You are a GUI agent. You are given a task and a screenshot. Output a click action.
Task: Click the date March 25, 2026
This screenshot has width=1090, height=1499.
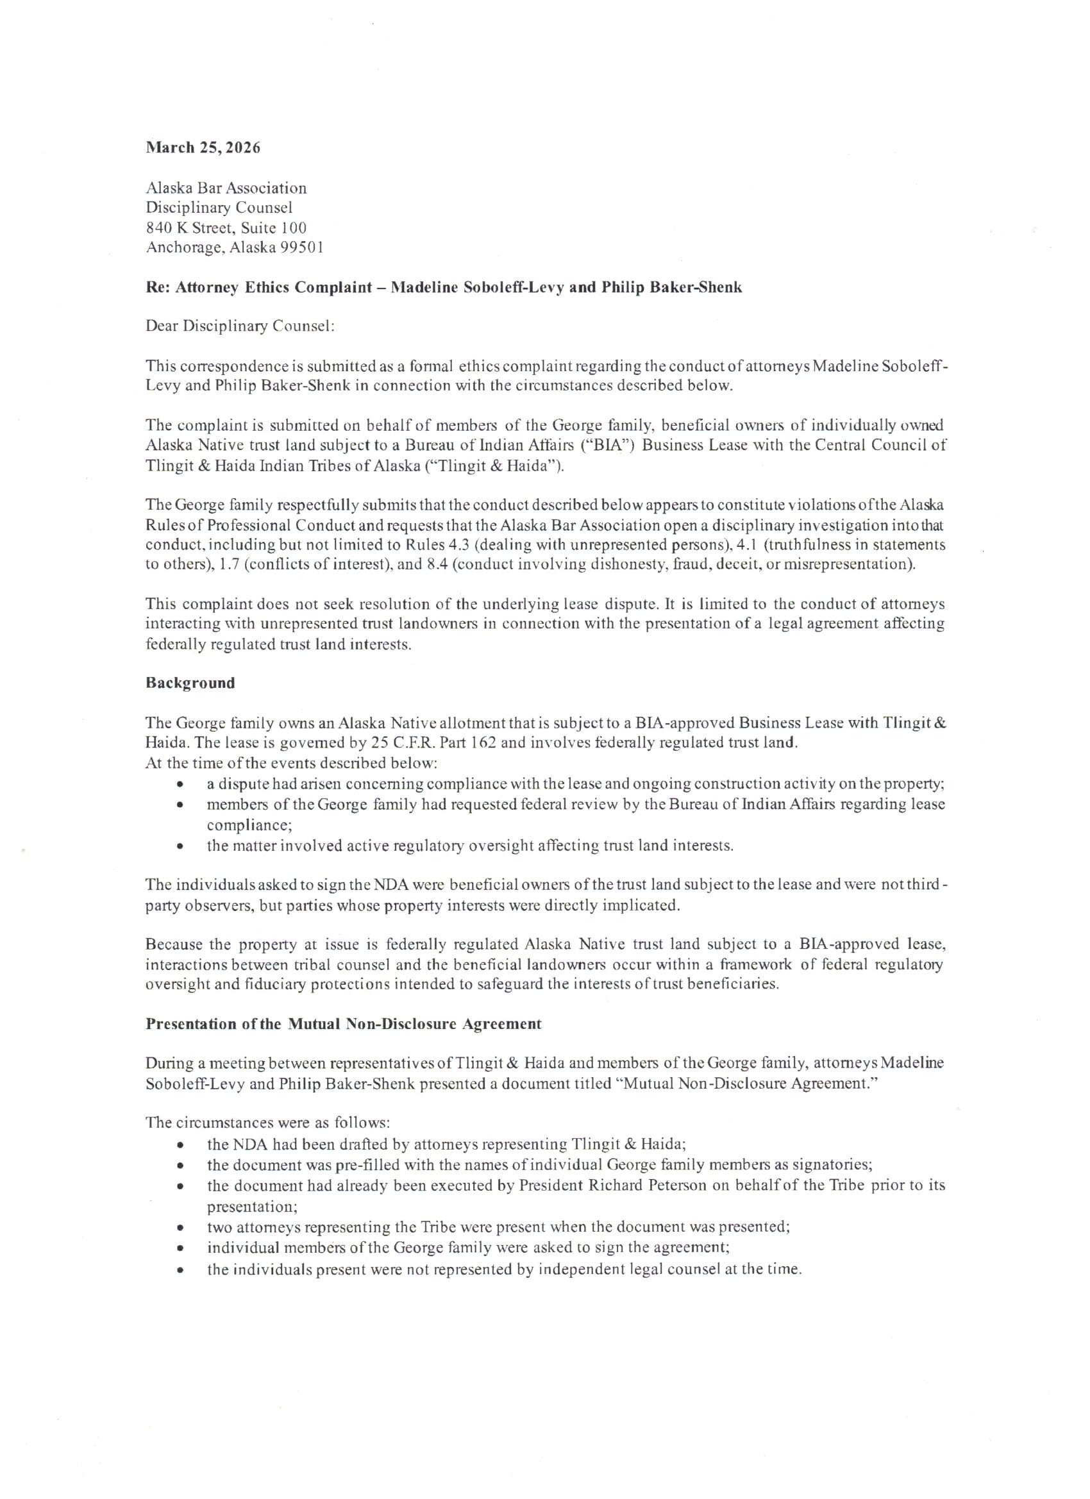pos(203,147)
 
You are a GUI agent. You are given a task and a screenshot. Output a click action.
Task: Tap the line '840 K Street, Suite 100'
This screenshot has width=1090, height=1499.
pos(226,228)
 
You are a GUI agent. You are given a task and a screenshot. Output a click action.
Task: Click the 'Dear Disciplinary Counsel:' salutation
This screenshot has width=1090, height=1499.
pos(240,326)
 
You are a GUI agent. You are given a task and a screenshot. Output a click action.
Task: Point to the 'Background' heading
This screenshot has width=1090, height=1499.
pos(190,683)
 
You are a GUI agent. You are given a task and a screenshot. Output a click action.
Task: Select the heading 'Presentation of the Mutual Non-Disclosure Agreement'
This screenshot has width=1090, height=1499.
pos(343,1024)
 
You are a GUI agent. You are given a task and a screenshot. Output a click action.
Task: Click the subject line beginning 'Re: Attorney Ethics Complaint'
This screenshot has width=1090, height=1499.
pos(444,287)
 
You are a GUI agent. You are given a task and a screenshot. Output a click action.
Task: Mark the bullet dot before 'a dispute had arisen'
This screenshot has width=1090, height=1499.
pos(179,785)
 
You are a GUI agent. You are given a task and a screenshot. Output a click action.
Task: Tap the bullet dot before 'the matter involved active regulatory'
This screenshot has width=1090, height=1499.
pos(179,846)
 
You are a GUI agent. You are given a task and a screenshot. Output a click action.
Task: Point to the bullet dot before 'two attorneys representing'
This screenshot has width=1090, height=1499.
pos(179,1227)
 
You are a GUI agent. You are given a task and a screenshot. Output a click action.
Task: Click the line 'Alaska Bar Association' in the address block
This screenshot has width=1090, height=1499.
pos(226,188)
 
